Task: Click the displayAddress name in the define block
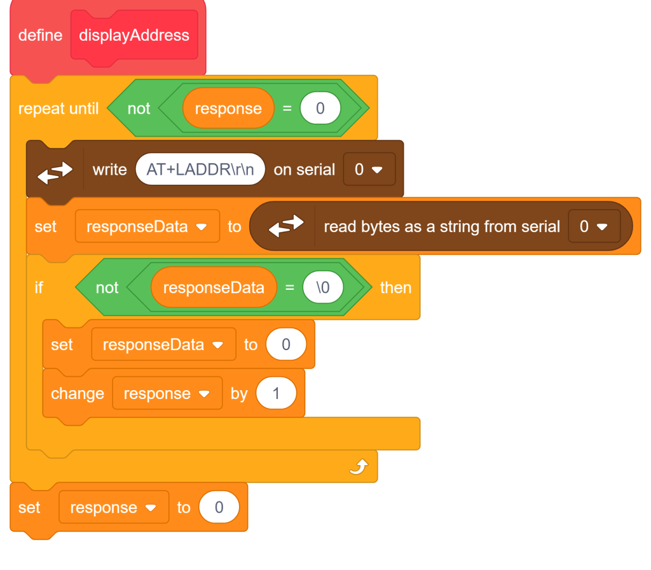click(134, 35)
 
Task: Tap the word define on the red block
click(40, 35)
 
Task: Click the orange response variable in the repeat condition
click(228, 108)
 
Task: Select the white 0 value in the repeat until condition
click(320, 108)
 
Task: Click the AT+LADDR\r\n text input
click(200, 169)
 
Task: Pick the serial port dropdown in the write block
click(369, 169)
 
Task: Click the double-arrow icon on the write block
click(55, 172)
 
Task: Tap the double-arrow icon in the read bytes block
click(286, 226)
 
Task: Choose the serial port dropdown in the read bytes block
click(594, 226)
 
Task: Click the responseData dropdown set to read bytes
click(147, 226)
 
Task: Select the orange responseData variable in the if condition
click(214, 287)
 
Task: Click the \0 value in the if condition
click(323, 287)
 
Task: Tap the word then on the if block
click(395, 287)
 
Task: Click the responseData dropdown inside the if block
click(163, 344)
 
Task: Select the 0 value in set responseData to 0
click(286, 344)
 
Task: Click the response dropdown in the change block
click(167, 393)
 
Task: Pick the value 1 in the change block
click(276, 393)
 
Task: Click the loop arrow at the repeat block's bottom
click(359, 466)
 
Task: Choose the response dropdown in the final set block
click(114, 507)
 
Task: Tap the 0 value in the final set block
click(219, 507)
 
